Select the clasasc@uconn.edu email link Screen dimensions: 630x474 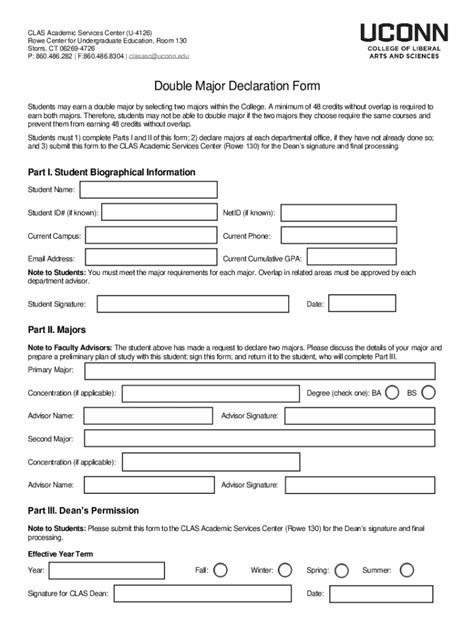(186, 56)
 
